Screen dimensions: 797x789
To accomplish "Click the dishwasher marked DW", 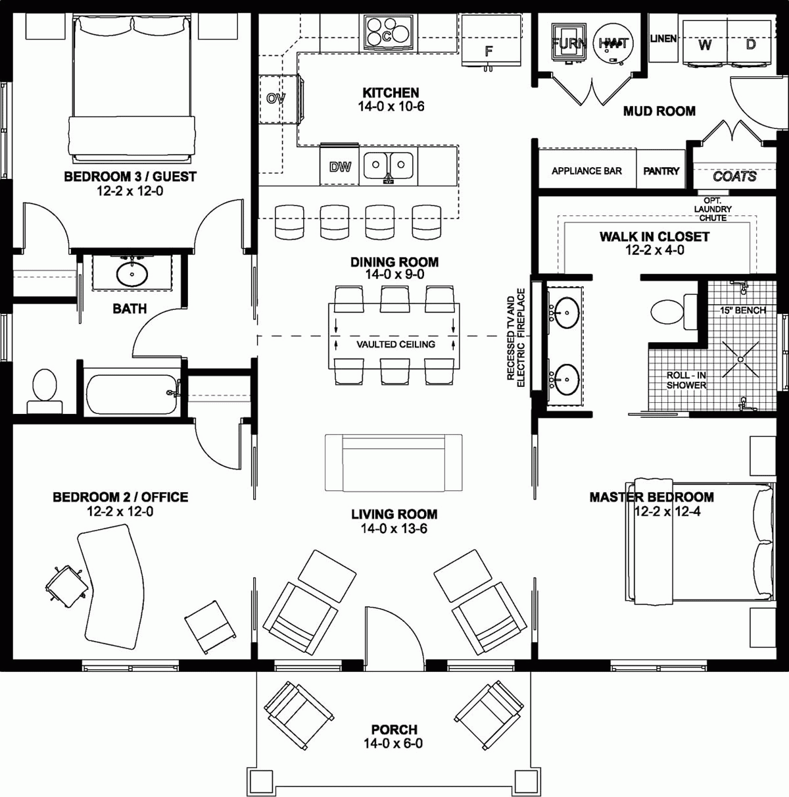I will (x=340, y=167).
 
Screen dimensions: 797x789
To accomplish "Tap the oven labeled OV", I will (x=276, y=99).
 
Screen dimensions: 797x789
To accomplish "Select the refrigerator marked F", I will (x=489, y=41).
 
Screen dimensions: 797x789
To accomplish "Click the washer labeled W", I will (x=705, y=44).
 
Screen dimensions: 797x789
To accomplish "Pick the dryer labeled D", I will (x=750, y=44).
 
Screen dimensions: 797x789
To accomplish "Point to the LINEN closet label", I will (x=663, y=39).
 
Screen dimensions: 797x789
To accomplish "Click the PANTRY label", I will (x=661, y=171).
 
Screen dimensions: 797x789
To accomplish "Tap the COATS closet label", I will (x=734, y=176).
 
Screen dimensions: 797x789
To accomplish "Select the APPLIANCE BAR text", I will (x=586, y=171).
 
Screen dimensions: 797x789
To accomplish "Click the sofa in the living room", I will (x=393, y=462).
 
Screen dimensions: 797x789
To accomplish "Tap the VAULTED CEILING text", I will (x=396, y=344).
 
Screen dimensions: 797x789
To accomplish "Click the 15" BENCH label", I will (x=742, y=310).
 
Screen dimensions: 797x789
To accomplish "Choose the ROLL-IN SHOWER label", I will (x=686, y=380).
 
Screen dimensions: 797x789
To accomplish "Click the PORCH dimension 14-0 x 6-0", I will (x=393, y=744).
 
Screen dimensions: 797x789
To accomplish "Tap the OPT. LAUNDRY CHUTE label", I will (x=713, y=209).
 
